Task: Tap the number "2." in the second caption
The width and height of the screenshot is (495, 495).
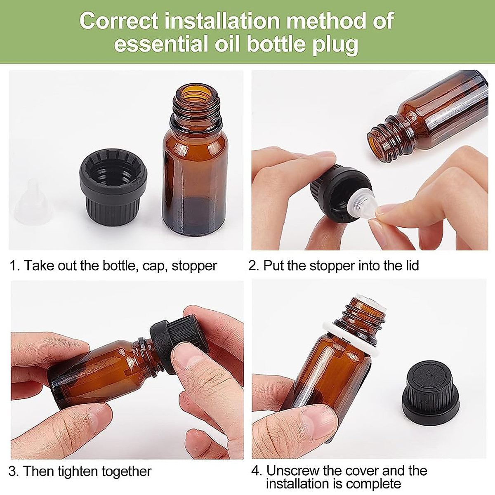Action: [254, 265]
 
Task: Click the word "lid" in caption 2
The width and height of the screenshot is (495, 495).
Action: [410, 265]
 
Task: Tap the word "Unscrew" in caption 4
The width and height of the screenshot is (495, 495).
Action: [296, 471]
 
